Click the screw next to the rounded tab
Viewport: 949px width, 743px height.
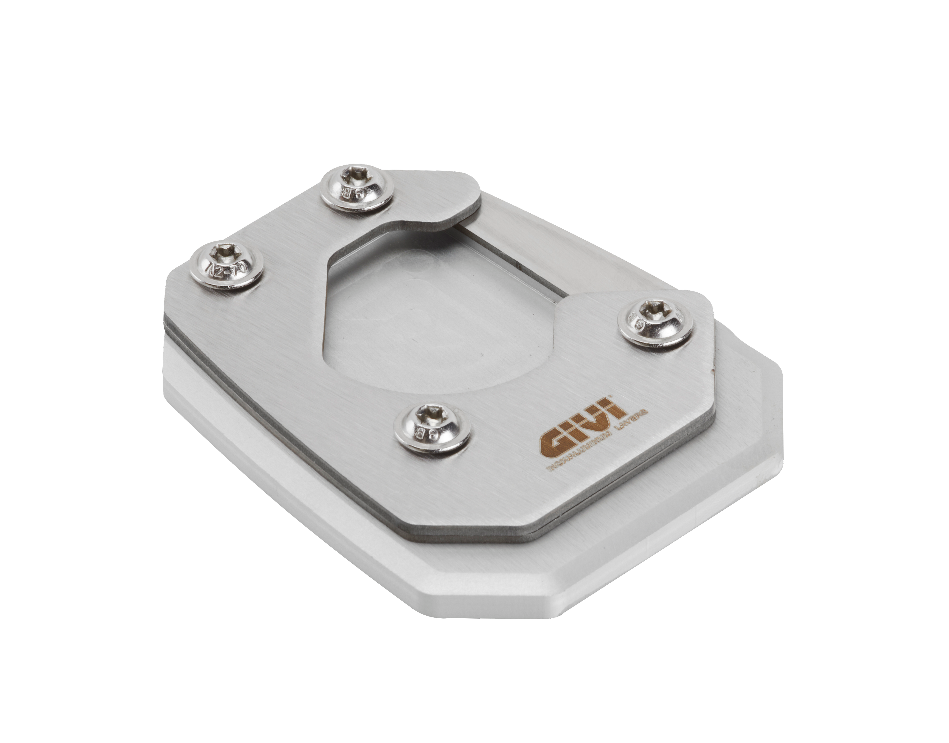357,191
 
